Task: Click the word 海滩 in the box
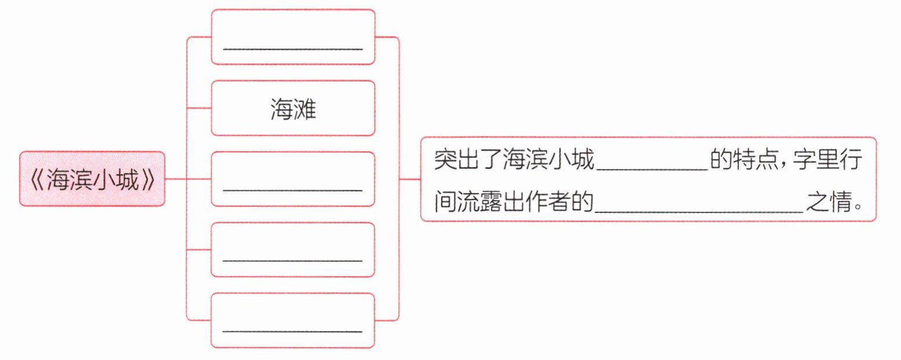pyautogui.click(x=293, y=109)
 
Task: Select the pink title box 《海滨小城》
pyautogui.click(x=93, y=179)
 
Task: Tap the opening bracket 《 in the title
pyautogui.click(x=36, y=180)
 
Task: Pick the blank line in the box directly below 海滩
pyautogui.click(x=293, y=189)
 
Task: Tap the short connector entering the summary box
pyautogui.click(x=410, y=179)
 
